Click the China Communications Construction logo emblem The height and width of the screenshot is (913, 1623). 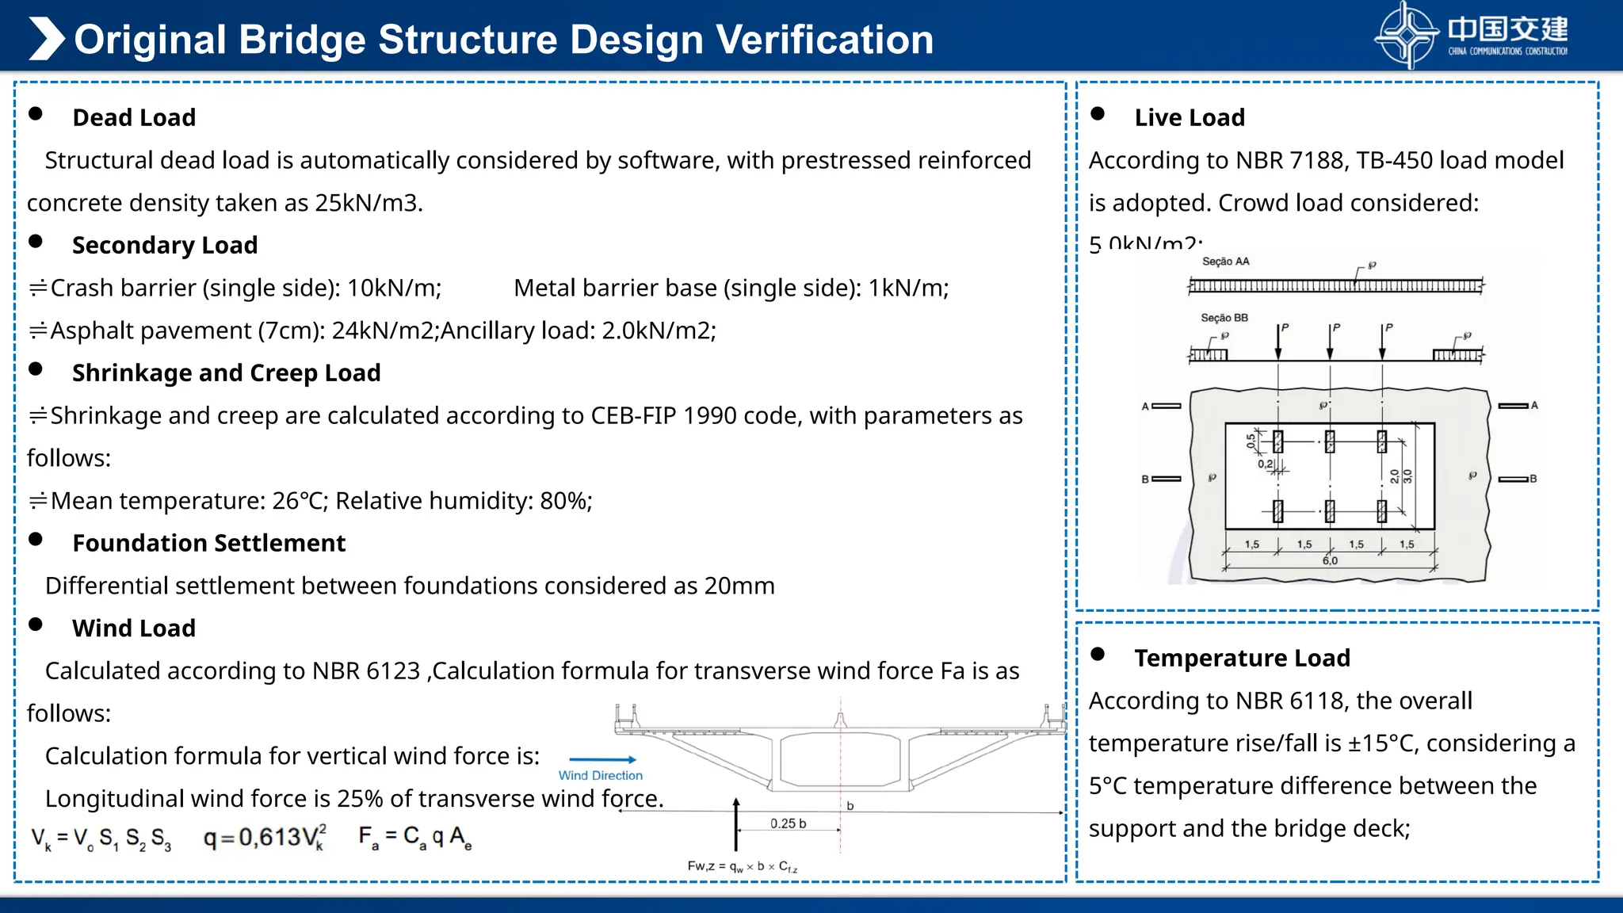tap(1406, 36)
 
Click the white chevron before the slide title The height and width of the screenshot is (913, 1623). tap(46, 39)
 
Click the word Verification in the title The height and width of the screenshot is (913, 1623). tap(824, 40)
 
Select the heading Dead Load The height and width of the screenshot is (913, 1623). tap(134, 117)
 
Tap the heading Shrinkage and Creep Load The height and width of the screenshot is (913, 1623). tap(226, 372)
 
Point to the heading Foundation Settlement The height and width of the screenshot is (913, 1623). tap(208, 543)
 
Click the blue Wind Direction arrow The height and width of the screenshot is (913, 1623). tap(602, 759)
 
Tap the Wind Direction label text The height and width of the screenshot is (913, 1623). tap(600, 775)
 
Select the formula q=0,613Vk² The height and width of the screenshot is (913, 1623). tap(265, 837)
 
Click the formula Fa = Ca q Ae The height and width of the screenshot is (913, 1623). tap(414, 837)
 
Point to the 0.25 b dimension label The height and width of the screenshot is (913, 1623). tap(788, 823)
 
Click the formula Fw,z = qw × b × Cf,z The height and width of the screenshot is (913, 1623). tap(742, 866)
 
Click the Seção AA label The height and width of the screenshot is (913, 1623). tap(1225, 262)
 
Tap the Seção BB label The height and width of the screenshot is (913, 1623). tap(1224, 318)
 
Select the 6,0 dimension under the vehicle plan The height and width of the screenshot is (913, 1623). tap(1330, 560)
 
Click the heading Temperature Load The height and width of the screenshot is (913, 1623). tap(1242, 658)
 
